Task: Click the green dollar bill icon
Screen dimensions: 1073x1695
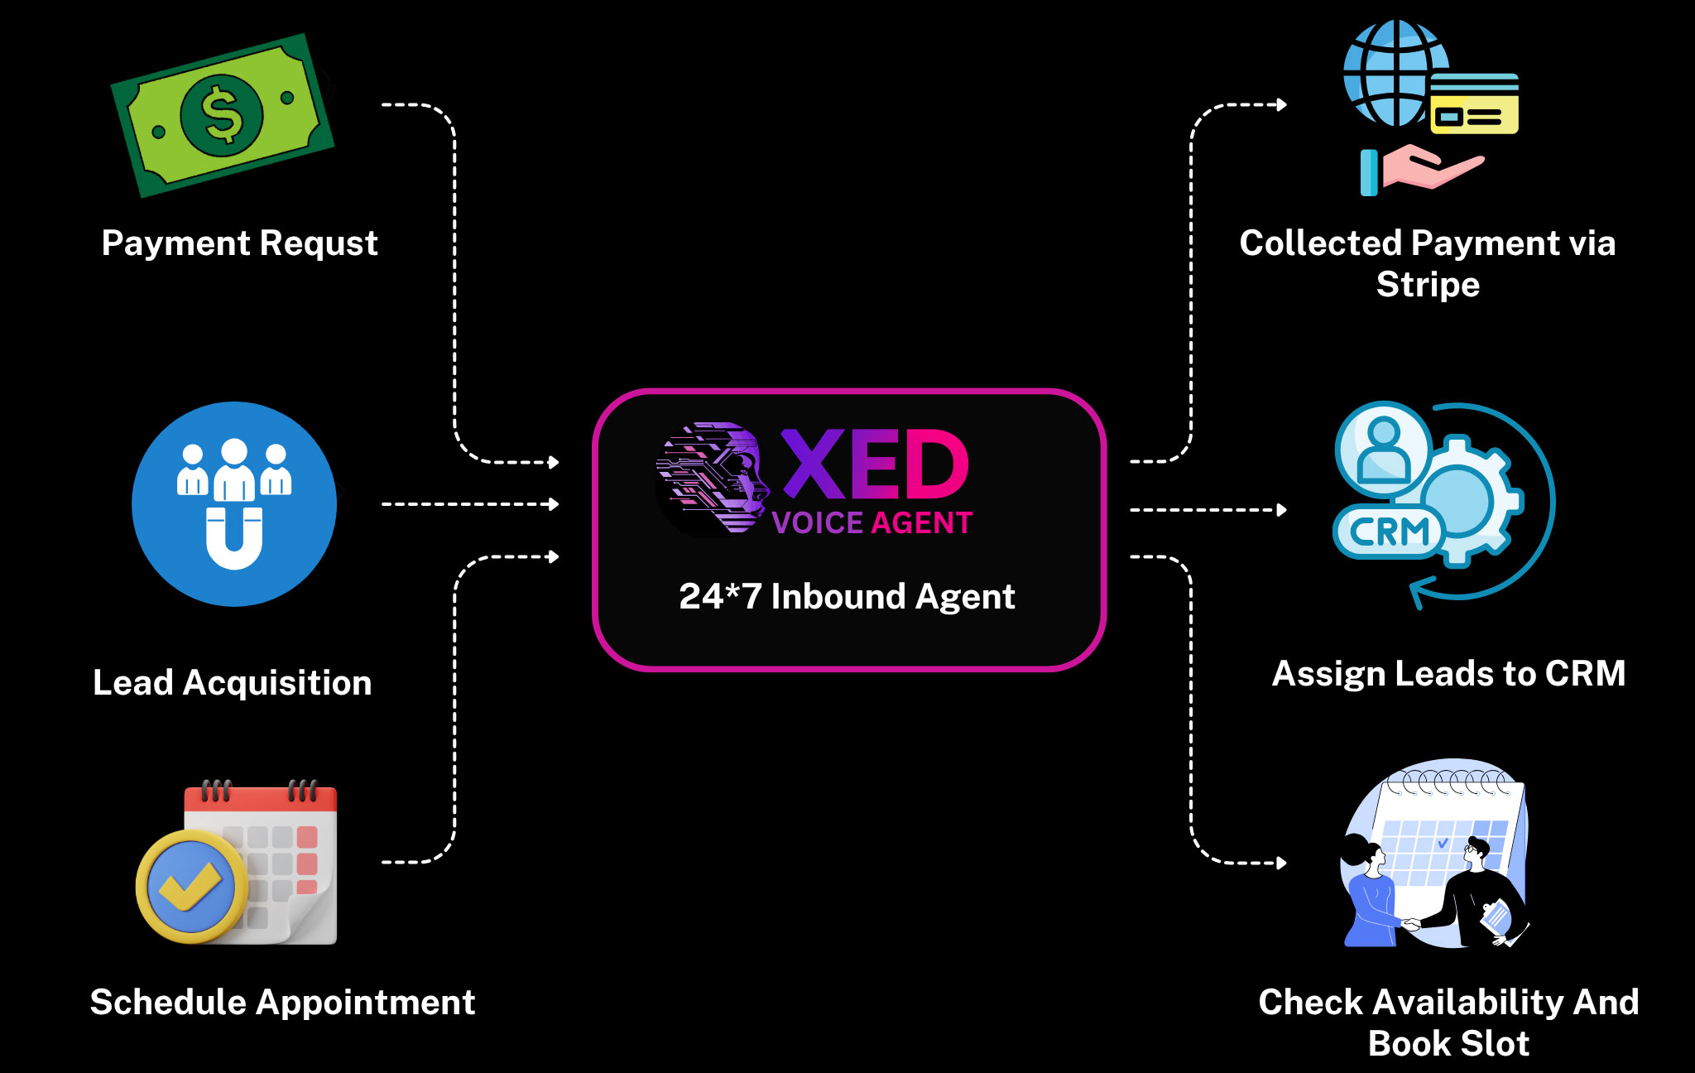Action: (222, 115)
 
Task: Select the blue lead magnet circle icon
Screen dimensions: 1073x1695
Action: (234, 503)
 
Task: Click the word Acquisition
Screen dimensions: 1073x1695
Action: (277, 683)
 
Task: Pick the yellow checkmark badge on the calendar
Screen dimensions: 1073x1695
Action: (191, 887)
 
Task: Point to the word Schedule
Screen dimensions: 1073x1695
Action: (168, 1003)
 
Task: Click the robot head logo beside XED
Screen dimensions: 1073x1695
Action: (712, 478)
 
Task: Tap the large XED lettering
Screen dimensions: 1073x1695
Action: (875, 464)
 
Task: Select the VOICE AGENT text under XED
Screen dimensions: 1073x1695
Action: (872, 523)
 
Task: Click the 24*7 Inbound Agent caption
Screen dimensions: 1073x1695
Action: (847, 597)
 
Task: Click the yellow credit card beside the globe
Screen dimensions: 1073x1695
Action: (1474, 104)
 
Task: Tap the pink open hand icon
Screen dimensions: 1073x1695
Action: (1432, 166)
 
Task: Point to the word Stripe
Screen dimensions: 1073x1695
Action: (1428, 285)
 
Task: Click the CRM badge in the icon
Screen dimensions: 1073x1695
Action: (1389, 532)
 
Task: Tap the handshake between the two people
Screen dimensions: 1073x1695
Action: (1411, 923)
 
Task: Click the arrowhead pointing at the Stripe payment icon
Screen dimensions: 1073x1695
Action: (1281, 104)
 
